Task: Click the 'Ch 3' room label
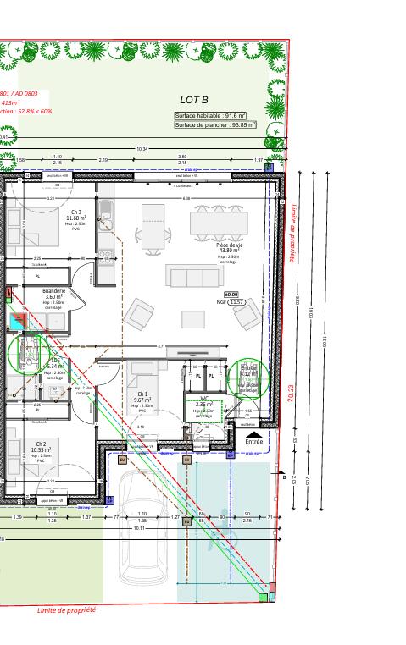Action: click(x=75, y=212)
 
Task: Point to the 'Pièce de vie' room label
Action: click(x=228, y=245)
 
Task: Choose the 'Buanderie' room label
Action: click(x=54, y=291)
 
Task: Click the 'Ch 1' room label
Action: click(x=142, y=394)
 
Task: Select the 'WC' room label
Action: click(x=204, y=398)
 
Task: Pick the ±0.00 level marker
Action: click(x=230, y=294)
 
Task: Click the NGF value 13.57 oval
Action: click(x=237, y=302)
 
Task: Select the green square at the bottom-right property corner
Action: click(x=263, y=598)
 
